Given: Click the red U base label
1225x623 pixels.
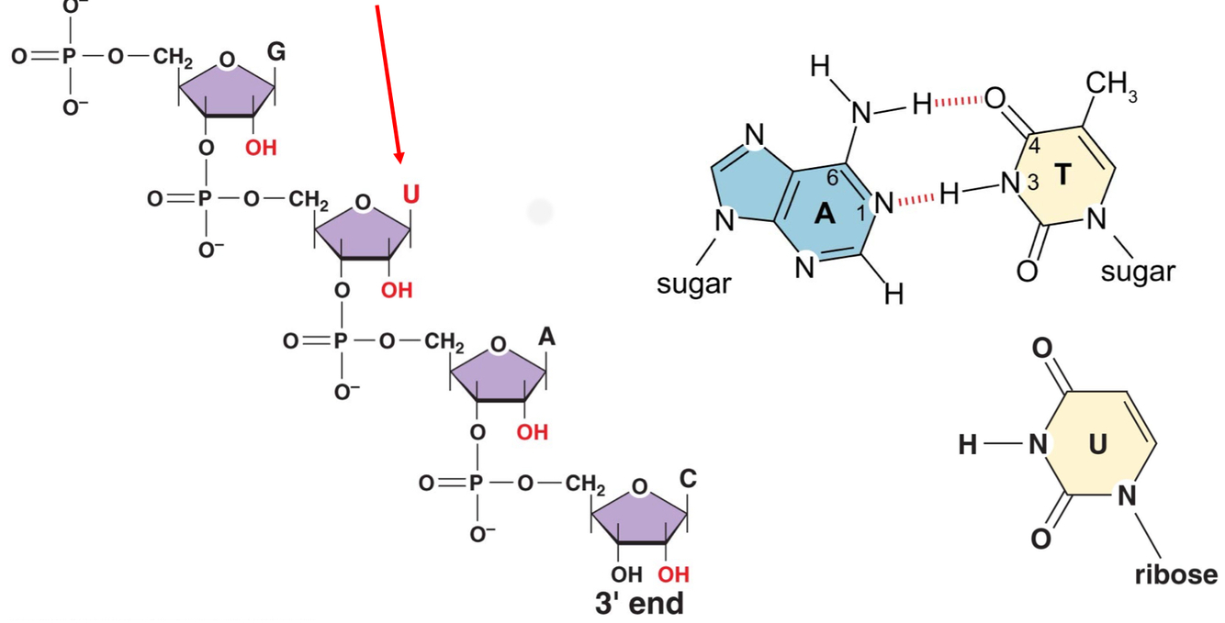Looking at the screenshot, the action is [x=410, y=195].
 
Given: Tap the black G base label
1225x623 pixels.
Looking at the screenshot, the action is [x=275, y=53].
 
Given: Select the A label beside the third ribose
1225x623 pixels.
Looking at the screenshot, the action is [x=546, y=337].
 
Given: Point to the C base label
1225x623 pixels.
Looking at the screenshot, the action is [x=688, y=478].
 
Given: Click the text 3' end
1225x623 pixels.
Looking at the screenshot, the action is [x=639, y=604].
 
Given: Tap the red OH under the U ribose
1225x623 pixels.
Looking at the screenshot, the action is [x=397, y=291].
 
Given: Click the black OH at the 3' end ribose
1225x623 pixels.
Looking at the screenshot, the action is [x=627, y=575].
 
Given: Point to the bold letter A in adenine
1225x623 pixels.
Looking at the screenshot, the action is [x=826, y=215].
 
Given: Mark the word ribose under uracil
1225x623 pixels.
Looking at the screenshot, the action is [x=1176, y=574].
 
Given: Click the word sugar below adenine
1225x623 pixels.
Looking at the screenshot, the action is [x=694, y=284].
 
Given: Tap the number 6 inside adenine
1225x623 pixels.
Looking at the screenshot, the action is [x=832, y=178].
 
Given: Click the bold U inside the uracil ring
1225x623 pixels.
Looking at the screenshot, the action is [x=1098, y=444].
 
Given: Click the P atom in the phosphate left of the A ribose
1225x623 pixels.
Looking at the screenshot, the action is [x=341, y=341].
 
